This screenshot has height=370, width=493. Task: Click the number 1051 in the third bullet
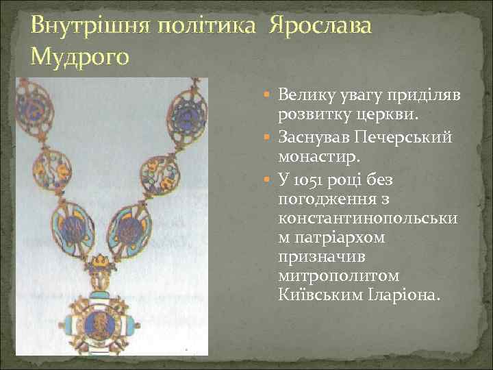point(305,181)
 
